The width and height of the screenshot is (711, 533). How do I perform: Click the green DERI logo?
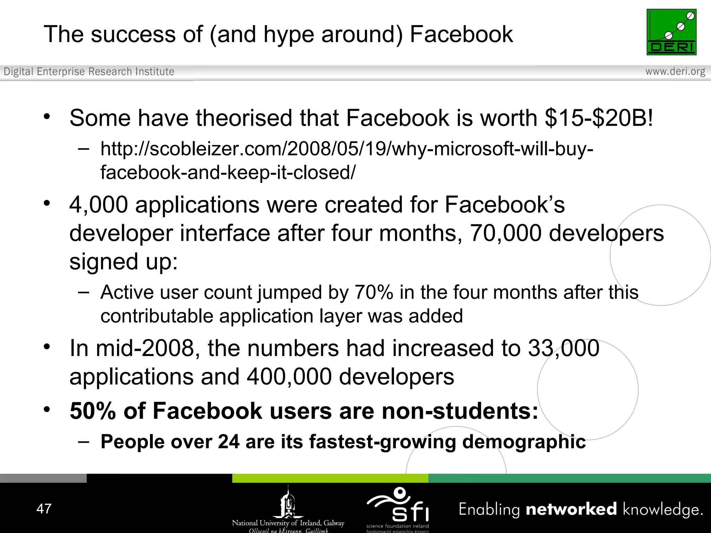[x=671, y=32]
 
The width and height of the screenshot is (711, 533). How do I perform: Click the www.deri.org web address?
[x=675, y=71]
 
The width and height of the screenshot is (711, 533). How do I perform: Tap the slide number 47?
[x=44, y=509]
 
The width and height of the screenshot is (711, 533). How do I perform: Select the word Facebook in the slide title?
[x=461, y=34]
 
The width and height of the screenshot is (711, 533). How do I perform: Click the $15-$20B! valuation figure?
[x=599, y=118]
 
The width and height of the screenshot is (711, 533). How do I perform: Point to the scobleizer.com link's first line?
[x=346, y=149]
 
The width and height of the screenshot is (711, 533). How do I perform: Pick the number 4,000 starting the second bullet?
[x=99, y=205]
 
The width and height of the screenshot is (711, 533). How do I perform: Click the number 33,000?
[x=563, y=348]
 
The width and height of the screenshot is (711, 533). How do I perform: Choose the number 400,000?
[x=289, y=377]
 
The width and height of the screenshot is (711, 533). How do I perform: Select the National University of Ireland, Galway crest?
[x=288, y=503]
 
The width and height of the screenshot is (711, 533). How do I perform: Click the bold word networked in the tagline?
[x=571, y=509]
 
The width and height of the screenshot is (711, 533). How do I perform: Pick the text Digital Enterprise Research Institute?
[x=89, y=71]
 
